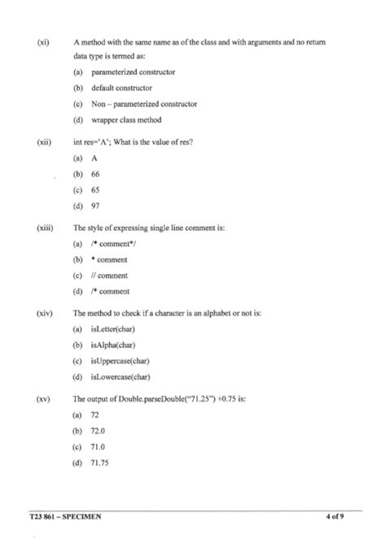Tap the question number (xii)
point(44,142)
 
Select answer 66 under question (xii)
point(94,174)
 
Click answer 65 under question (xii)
point(94,189)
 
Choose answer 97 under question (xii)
point(94,205)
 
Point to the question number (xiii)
point(46,228)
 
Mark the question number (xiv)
point(45,313)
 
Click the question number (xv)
point(44,399)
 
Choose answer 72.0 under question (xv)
point(98,431)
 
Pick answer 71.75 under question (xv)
point(99,463)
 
